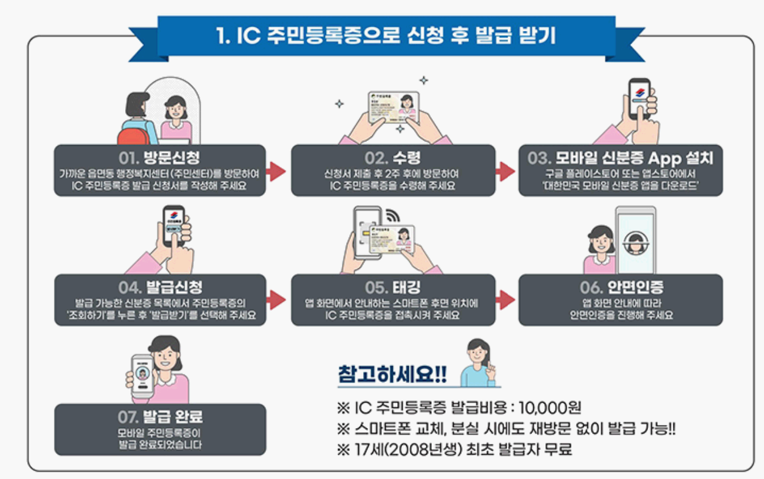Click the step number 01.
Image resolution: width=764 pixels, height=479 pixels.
pyautogui.click(x=129, y=158)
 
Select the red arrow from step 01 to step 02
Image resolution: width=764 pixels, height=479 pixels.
pyautogui.click(x=276, y=172)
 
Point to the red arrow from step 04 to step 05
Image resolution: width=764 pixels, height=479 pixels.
pyautogui.click(x=276, y=299)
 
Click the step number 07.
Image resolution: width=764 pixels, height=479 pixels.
pyautogui.click(x=129, y=418)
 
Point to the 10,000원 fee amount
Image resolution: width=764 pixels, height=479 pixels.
pyautogui.click(x=547, y=407)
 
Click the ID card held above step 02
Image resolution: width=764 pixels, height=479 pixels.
pyautogui.click(x=393, y=109)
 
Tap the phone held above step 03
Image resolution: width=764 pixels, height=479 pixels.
pyautogui.click(x=639, y=99)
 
